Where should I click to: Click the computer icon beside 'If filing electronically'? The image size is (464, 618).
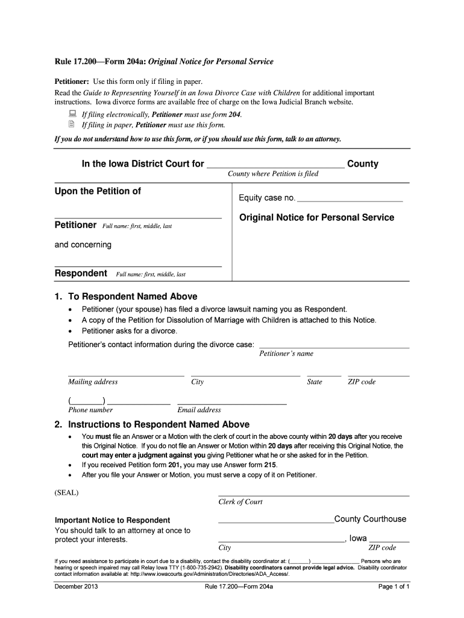[x=71, y=113]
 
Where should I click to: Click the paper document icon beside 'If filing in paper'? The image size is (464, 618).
[x=71, y=125]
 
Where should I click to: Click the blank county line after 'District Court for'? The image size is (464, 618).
[x=275, y=165]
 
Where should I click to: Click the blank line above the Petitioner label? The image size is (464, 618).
[x=138, y=217]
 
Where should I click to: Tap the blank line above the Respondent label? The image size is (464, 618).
[x=138, y=266]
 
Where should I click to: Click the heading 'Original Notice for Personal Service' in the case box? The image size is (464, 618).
[x=316, y=217]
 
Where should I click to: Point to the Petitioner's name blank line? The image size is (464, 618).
[x=334, y=347]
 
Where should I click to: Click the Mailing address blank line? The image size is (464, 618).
[x=126, y=375]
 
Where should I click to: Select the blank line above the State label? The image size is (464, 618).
[x=324, y=375]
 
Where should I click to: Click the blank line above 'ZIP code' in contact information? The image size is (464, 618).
[x=378, y=375]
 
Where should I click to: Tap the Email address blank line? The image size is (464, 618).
[x=232, y=403]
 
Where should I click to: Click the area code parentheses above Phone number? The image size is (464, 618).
[x=87, y=401]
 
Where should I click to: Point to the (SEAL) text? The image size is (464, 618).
[x=66, y=492]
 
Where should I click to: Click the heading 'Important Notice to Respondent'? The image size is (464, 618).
[x=112, y=520]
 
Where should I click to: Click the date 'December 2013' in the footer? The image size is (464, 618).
[x=76, y=587]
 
